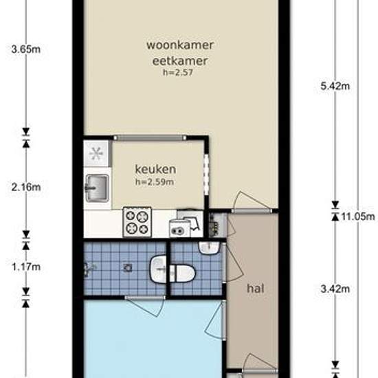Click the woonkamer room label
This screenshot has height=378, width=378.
tap(180, 45)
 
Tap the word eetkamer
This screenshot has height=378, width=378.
tap(180, 60)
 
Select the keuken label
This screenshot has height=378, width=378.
tap(155, 169)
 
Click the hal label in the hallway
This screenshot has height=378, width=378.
tap(256, 289)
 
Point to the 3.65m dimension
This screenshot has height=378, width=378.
tap(26, 49)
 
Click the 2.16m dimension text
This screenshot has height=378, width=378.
tap(26, 187)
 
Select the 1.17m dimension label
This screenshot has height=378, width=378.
tap(26, 267)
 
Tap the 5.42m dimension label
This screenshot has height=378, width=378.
tap(335, 86)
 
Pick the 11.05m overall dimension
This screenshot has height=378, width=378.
tap(358, 216)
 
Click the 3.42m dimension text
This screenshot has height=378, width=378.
tap(335, 289)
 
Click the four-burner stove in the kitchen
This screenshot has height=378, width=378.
tap(137, 222)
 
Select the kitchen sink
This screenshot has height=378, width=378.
tap(97, 188)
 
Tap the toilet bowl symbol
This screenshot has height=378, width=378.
tap(182, 274)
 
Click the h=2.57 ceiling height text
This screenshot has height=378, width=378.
tap(178, 72)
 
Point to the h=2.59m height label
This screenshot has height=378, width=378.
tap(155, 181)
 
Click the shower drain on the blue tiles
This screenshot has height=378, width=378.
tap(127, 267)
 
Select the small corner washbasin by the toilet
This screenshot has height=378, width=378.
tap(209, 248)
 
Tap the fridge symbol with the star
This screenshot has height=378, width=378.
tap(96, 153)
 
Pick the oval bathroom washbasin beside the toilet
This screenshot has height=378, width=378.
tap(158, 269)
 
